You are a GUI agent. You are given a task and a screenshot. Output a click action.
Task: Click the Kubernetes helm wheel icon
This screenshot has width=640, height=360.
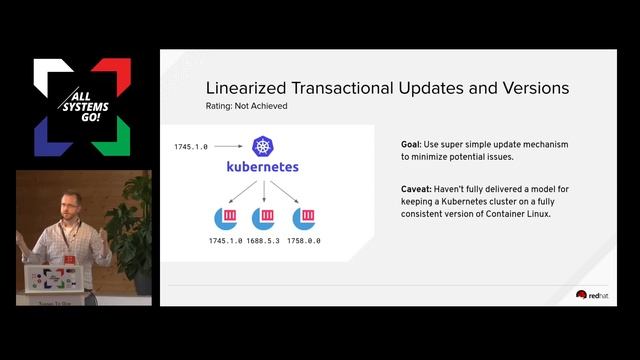(263, 147)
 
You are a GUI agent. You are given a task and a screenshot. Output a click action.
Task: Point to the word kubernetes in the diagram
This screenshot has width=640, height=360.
(263, 168)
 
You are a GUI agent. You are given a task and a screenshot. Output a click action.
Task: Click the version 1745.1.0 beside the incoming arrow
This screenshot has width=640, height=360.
(191, 147)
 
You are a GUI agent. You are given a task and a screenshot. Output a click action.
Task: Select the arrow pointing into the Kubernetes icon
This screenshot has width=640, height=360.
(229, 147)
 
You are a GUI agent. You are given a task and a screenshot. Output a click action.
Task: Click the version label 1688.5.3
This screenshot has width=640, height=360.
(264, 242)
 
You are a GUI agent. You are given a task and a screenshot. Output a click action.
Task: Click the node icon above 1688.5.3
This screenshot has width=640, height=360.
(264, 218)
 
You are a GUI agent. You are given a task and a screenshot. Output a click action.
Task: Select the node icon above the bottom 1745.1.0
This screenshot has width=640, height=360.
(225, 218)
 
